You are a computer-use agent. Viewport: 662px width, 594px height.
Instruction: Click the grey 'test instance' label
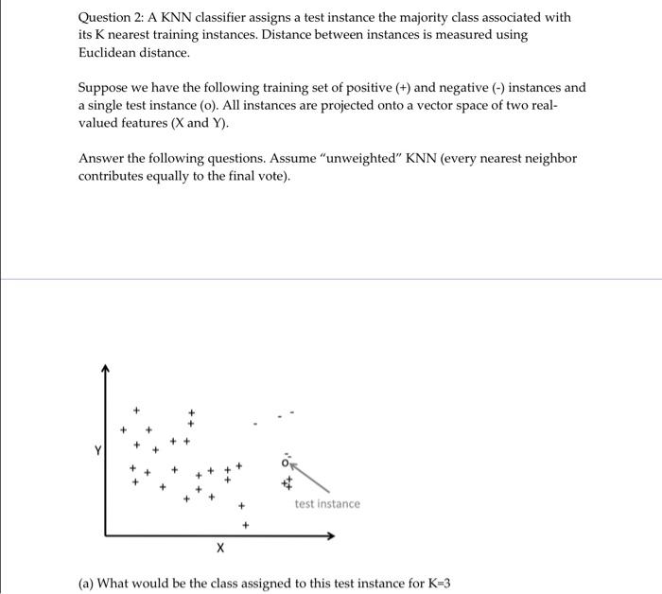coord(327,504)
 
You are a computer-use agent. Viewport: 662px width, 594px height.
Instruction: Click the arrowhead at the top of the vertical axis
coord(106,369)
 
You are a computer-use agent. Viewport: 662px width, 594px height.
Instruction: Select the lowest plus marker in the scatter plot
coord(245,523)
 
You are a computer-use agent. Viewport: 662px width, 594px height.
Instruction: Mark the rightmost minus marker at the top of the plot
coord(292,411)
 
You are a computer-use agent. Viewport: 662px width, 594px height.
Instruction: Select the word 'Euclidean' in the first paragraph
coord(112,51)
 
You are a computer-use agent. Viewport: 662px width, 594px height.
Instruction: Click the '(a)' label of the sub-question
coord(86,583)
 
